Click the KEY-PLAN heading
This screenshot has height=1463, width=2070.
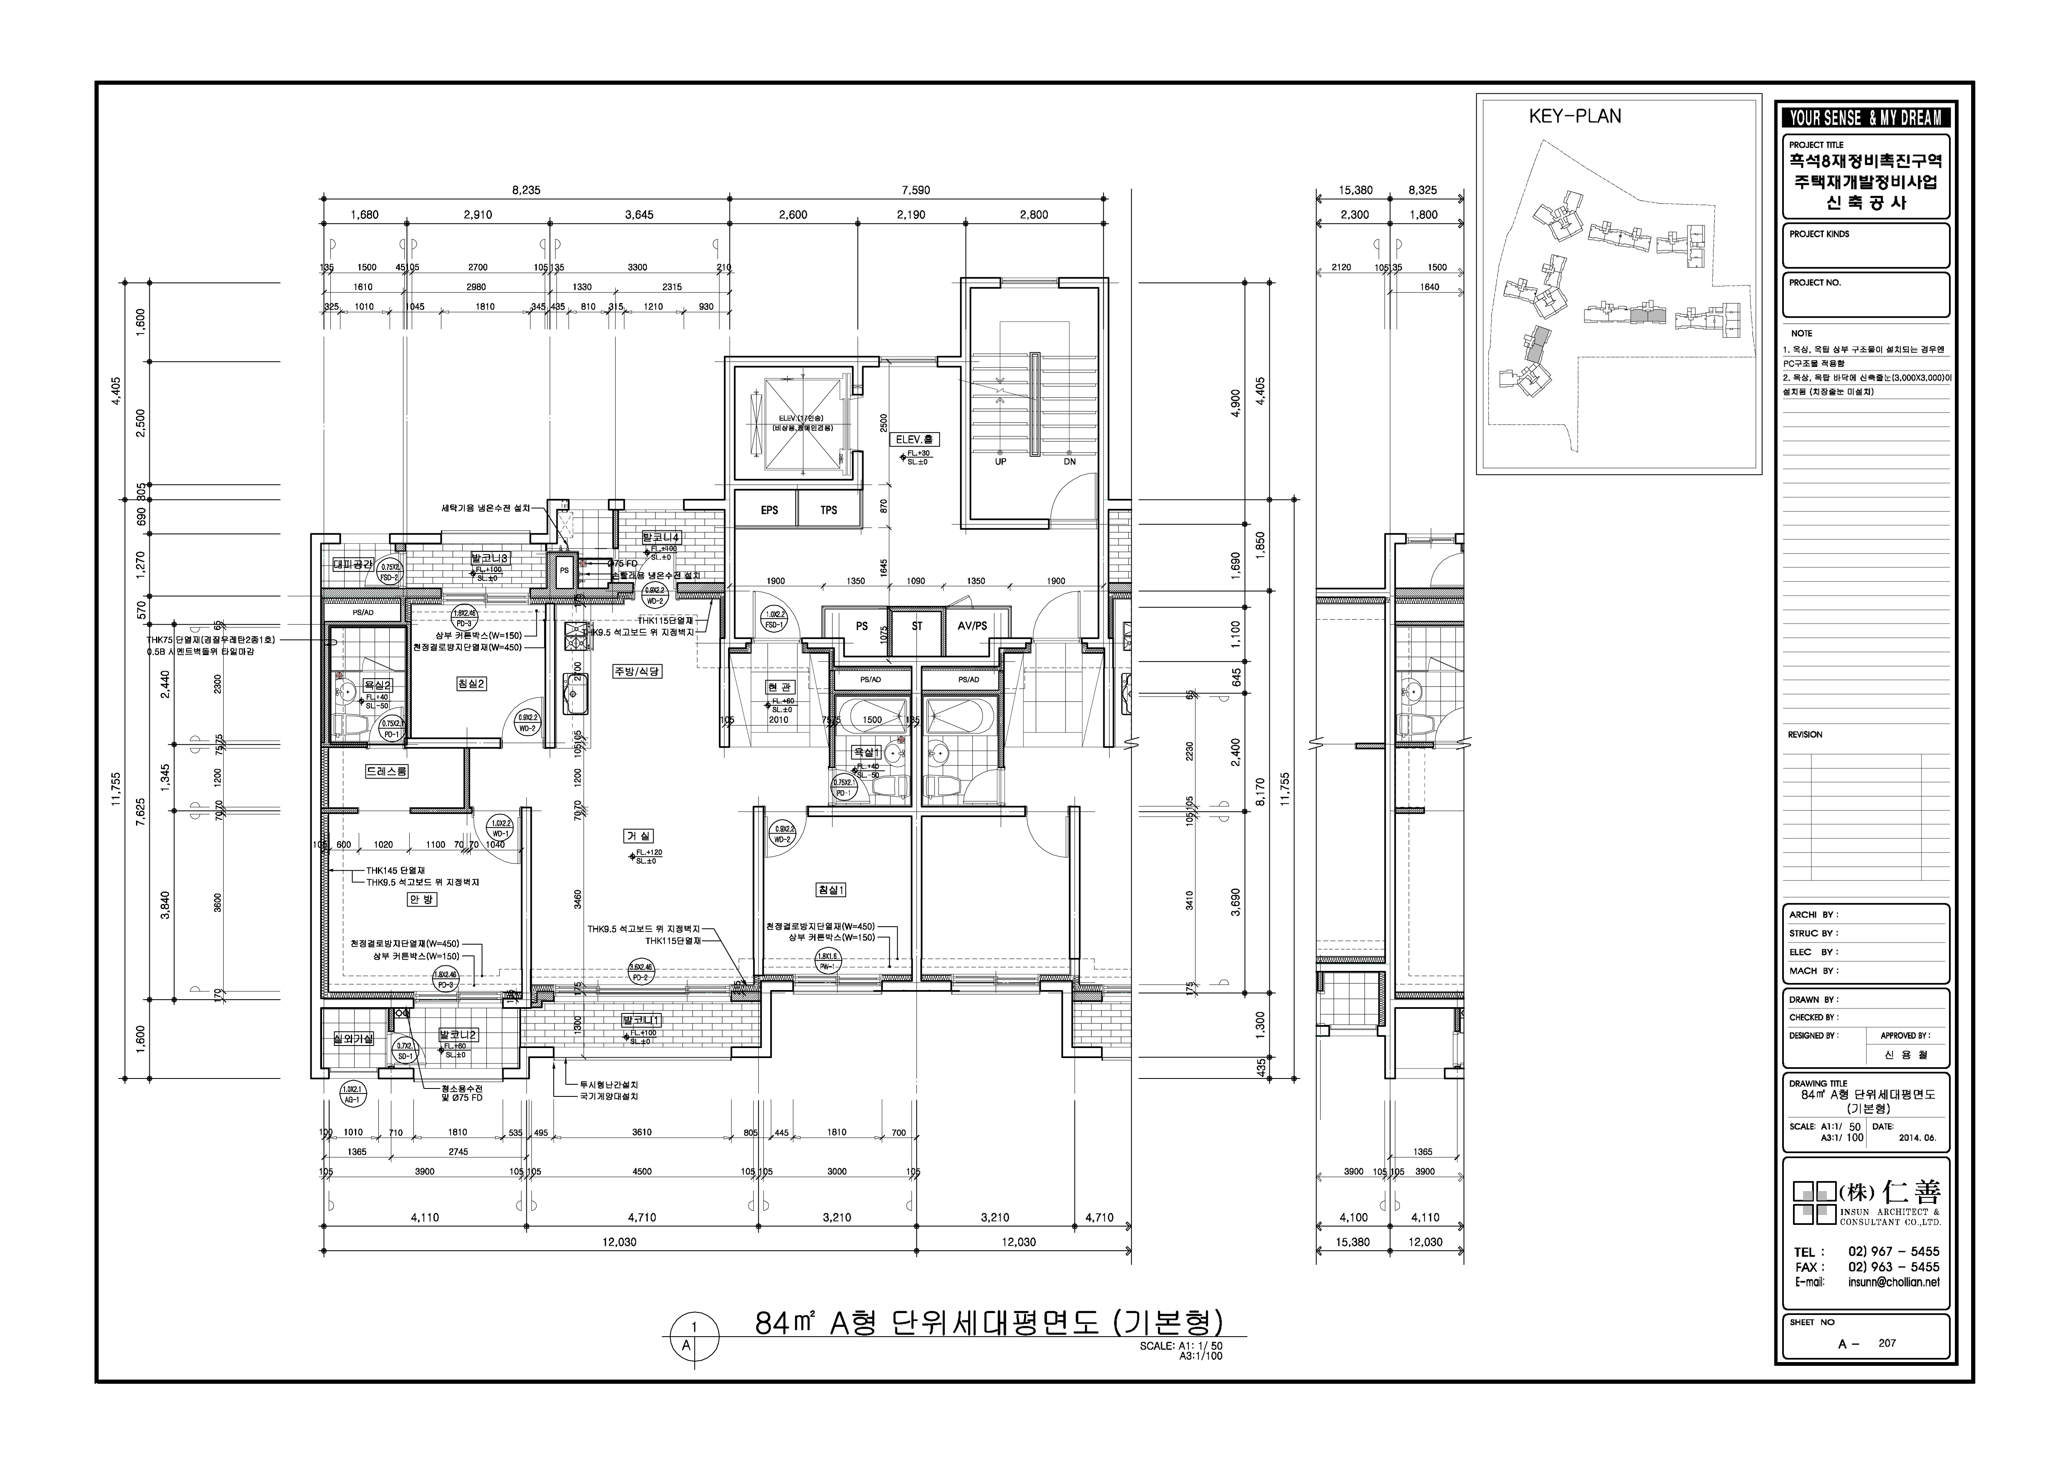point(1574,116)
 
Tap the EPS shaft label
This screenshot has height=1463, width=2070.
point(769,510)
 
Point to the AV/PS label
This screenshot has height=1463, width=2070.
point(972,626)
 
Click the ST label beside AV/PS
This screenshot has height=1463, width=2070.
point(917,626)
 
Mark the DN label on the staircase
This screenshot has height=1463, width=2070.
point(1069,462)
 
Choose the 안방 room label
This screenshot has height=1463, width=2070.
point(421,900)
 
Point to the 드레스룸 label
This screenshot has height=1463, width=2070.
point(386,772)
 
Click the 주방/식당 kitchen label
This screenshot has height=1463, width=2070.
point(637,671)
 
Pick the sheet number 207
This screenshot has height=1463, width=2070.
point(1887,1368)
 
